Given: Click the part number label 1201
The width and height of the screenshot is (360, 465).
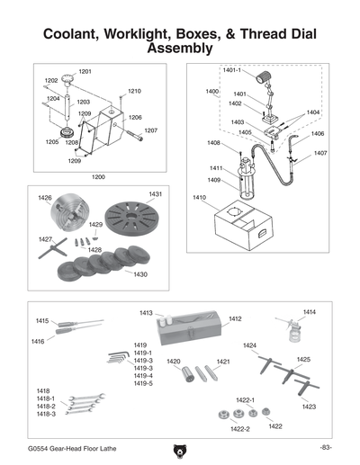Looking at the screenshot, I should click(85, 71).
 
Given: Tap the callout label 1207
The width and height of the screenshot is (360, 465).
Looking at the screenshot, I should click(150, 130).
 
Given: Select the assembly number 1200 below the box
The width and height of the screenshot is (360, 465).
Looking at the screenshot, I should click(98, 177).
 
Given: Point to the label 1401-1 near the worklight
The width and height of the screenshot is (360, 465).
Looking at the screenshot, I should click(232, 69).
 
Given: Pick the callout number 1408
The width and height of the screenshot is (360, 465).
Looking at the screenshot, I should click(213, 143).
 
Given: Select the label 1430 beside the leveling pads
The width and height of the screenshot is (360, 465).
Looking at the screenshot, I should click(140, 273).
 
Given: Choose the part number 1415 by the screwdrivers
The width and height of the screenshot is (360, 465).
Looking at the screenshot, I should click(42, 321).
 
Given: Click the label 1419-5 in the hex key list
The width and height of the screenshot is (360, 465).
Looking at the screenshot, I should click(143, 384).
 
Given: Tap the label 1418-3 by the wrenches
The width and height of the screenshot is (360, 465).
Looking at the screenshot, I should click(46, 414).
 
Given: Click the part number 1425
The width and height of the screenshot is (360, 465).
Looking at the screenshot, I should click(303, 359).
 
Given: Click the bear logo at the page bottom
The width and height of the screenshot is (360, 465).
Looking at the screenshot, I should click(179, 448).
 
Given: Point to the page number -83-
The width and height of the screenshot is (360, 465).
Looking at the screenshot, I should click(325, 447).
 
